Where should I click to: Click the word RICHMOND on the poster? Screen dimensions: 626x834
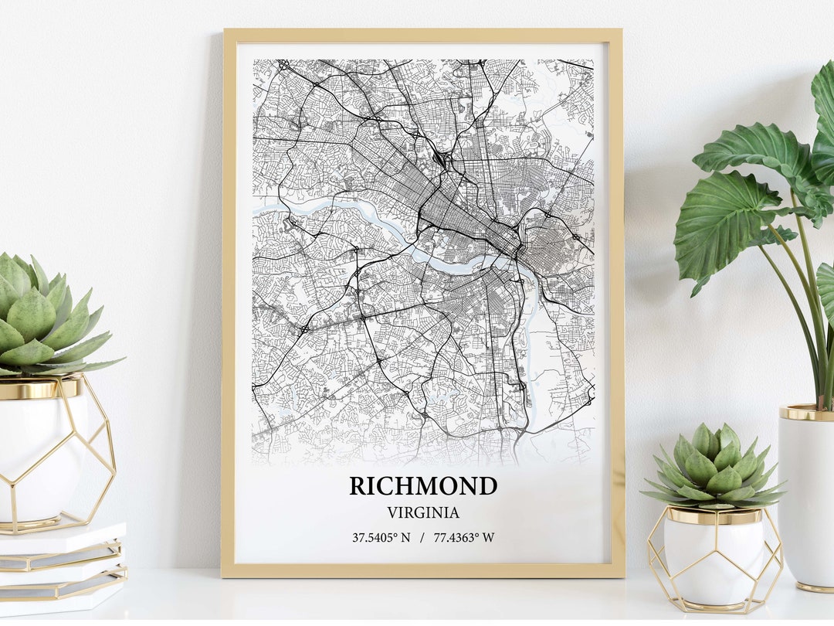coord(423,486)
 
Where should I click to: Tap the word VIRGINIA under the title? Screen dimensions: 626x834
coord(423,512)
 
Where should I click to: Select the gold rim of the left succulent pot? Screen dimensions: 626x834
coord(39,387)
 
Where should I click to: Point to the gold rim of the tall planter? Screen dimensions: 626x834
coord(806,413)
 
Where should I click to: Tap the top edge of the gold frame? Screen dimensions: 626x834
coord(423,35)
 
